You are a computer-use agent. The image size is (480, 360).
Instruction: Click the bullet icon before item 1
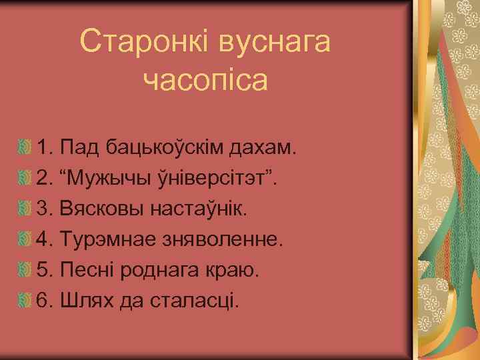25,147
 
